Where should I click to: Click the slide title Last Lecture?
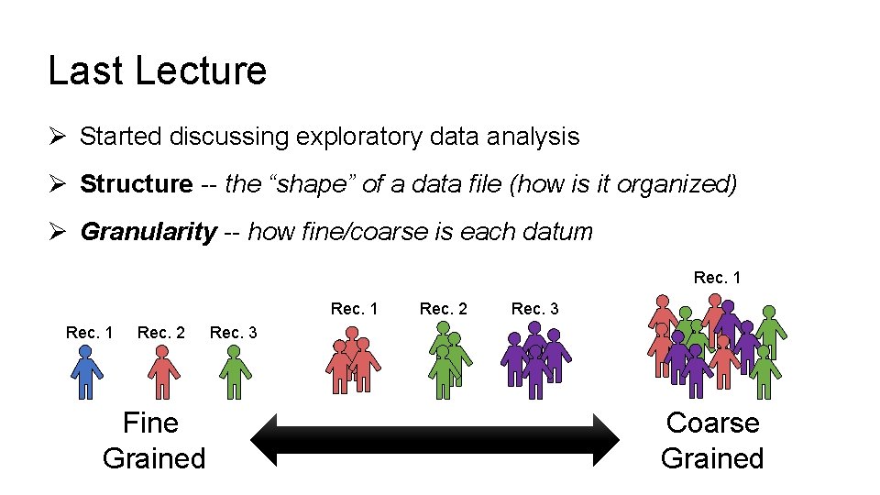click(157, 71)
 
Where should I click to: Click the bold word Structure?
click(136, 184)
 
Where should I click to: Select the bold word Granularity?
click(148, 232)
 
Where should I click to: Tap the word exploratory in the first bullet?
click(358, 137)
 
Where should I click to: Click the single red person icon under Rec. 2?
click(163, 376)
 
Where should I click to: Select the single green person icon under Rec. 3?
click(236, 376)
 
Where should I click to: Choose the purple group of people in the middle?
click(536, 359)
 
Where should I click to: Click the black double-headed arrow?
click(435, 439)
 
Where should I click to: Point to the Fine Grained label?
click(153, 440)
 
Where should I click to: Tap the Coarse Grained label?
click(712, 440)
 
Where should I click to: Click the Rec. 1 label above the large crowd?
click(717, 277)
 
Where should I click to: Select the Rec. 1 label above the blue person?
click(90, 332)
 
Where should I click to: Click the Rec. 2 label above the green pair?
click(443, 309)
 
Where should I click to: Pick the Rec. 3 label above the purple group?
click(534, 309)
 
